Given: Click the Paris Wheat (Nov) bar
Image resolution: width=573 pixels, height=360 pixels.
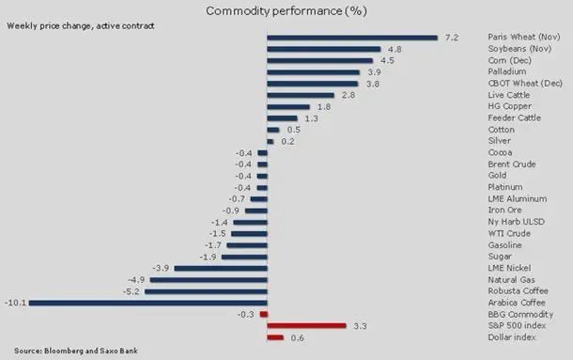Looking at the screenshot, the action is click(352, 38).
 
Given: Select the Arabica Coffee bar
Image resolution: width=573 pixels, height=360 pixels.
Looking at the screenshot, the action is click(148, 303).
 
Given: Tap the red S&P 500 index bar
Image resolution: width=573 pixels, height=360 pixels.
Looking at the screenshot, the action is click(306, 325).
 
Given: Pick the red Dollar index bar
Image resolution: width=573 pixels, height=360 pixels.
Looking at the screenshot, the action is click(275, 337).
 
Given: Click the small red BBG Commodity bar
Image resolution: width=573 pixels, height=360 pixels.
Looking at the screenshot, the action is click(263, 314).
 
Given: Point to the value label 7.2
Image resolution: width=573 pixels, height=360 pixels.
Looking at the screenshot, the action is click(452, 38).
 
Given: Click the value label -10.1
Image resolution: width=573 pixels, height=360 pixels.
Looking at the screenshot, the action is click(15, 303).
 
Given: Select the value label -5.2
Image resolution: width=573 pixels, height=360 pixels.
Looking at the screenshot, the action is click(132, 291).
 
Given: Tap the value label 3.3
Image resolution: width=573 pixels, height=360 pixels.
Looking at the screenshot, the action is click(360, 326).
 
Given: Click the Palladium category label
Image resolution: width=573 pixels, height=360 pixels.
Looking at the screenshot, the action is click(507, 71).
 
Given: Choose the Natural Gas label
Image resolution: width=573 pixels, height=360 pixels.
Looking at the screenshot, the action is click(511, 280).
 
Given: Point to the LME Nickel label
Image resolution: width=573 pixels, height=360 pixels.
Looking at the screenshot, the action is click(509, 268).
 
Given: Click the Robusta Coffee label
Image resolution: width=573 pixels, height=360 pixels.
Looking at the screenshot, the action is click(519, 291).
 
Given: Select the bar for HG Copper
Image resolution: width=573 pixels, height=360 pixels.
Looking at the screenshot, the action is click(288, 107).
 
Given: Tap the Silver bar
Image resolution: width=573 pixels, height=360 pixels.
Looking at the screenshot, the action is click(271, 142).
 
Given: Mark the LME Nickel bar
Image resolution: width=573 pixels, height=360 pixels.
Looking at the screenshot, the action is click(221, 268).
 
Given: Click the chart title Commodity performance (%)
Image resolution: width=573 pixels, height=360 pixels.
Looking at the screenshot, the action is click(286, 11).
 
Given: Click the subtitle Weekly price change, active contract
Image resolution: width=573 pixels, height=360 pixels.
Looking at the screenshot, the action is click(81, 26).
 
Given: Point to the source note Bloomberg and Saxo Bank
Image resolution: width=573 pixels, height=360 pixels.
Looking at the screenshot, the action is click(91, 351).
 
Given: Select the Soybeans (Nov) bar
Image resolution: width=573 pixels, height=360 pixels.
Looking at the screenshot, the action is click(324, 49).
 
